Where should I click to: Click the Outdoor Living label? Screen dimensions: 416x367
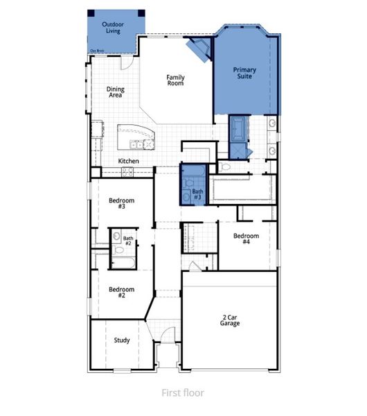click(114, 28)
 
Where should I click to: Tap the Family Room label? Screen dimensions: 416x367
click(174, 80)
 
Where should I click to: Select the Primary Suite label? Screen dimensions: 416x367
click(244, 73)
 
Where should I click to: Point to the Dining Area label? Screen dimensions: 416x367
click(115, 92)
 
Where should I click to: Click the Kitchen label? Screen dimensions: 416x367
click(128, 162)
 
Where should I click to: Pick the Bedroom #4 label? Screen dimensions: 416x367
click(246, 239)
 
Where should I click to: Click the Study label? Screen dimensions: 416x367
click(123, 340)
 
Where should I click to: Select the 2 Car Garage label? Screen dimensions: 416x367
click(230, 320)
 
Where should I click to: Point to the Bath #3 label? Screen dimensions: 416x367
click(198, 195)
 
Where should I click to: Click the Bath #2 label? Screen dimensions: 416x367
click(128, 241)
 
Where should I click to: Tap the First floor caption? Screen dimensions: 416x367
click(183, 393)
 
